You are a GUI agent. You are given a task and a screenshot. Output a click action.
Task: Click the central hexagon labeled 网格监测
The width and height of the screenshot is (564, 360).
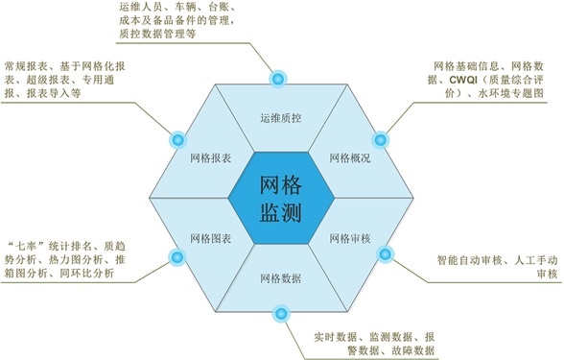click(x=281, y=198)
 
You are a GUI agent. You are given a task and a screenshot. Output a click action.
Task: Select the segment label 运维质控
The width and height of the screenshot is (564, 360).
click(x=281, y=118)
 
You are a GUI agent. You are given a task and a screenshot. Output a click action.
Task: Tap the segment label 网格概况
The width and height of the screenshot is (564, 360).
click(x=350, y=158)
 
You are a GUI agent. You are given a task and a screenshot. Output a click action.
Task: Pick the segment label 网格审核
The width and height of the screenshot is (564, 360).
click(x=350, y=238)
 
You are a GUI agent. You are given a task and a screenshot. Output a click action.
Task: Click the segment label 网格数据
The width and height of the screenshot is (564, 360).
click(x=281, y=278)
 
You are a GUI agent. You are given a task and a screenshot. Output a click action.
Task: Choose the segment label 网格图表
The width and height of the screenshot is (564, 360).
click(x=211, y=238)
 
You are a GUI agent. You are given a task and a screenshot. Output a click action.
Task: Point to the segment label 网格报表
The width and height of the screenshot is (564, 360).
click(x=211, y=158)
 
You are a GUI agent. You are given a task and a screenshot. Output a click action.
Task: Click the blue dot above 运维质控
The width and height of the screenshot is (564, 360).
click(x=278, y=79)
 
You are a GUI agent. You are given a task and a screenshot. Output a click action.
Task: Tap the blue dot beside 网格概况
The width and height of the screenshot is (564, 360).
click(x=380, y=140)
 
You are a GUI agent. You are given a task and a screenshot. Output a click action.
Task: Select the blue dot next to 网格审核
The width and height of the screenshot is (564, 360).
click(x=386, y=254)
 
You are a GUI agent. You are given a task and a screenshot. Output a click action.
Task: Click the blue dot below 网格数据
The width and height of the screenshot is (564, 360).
click(x=281, y=314)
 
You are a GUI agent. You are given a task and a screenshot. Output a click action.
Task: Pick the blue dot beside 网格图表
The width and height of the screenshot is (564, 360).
click(x=176, y=257)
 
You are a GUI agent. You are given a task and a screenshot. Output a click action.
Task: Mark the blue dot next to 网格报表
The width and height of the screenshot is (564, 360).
click(x=177, y=140)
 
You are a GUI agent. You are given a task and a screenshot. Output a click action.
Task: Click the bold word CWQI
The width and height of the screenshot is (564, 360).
click(x=463, y=80)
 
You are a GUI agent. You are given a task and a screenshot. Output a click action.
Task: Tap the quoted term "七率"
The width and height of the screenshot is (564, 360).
click(x=26, y=246)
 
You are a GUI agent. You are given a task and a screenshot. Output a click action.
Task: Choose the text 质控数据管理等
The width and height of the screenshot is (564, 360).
click(x=157, y=34)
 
